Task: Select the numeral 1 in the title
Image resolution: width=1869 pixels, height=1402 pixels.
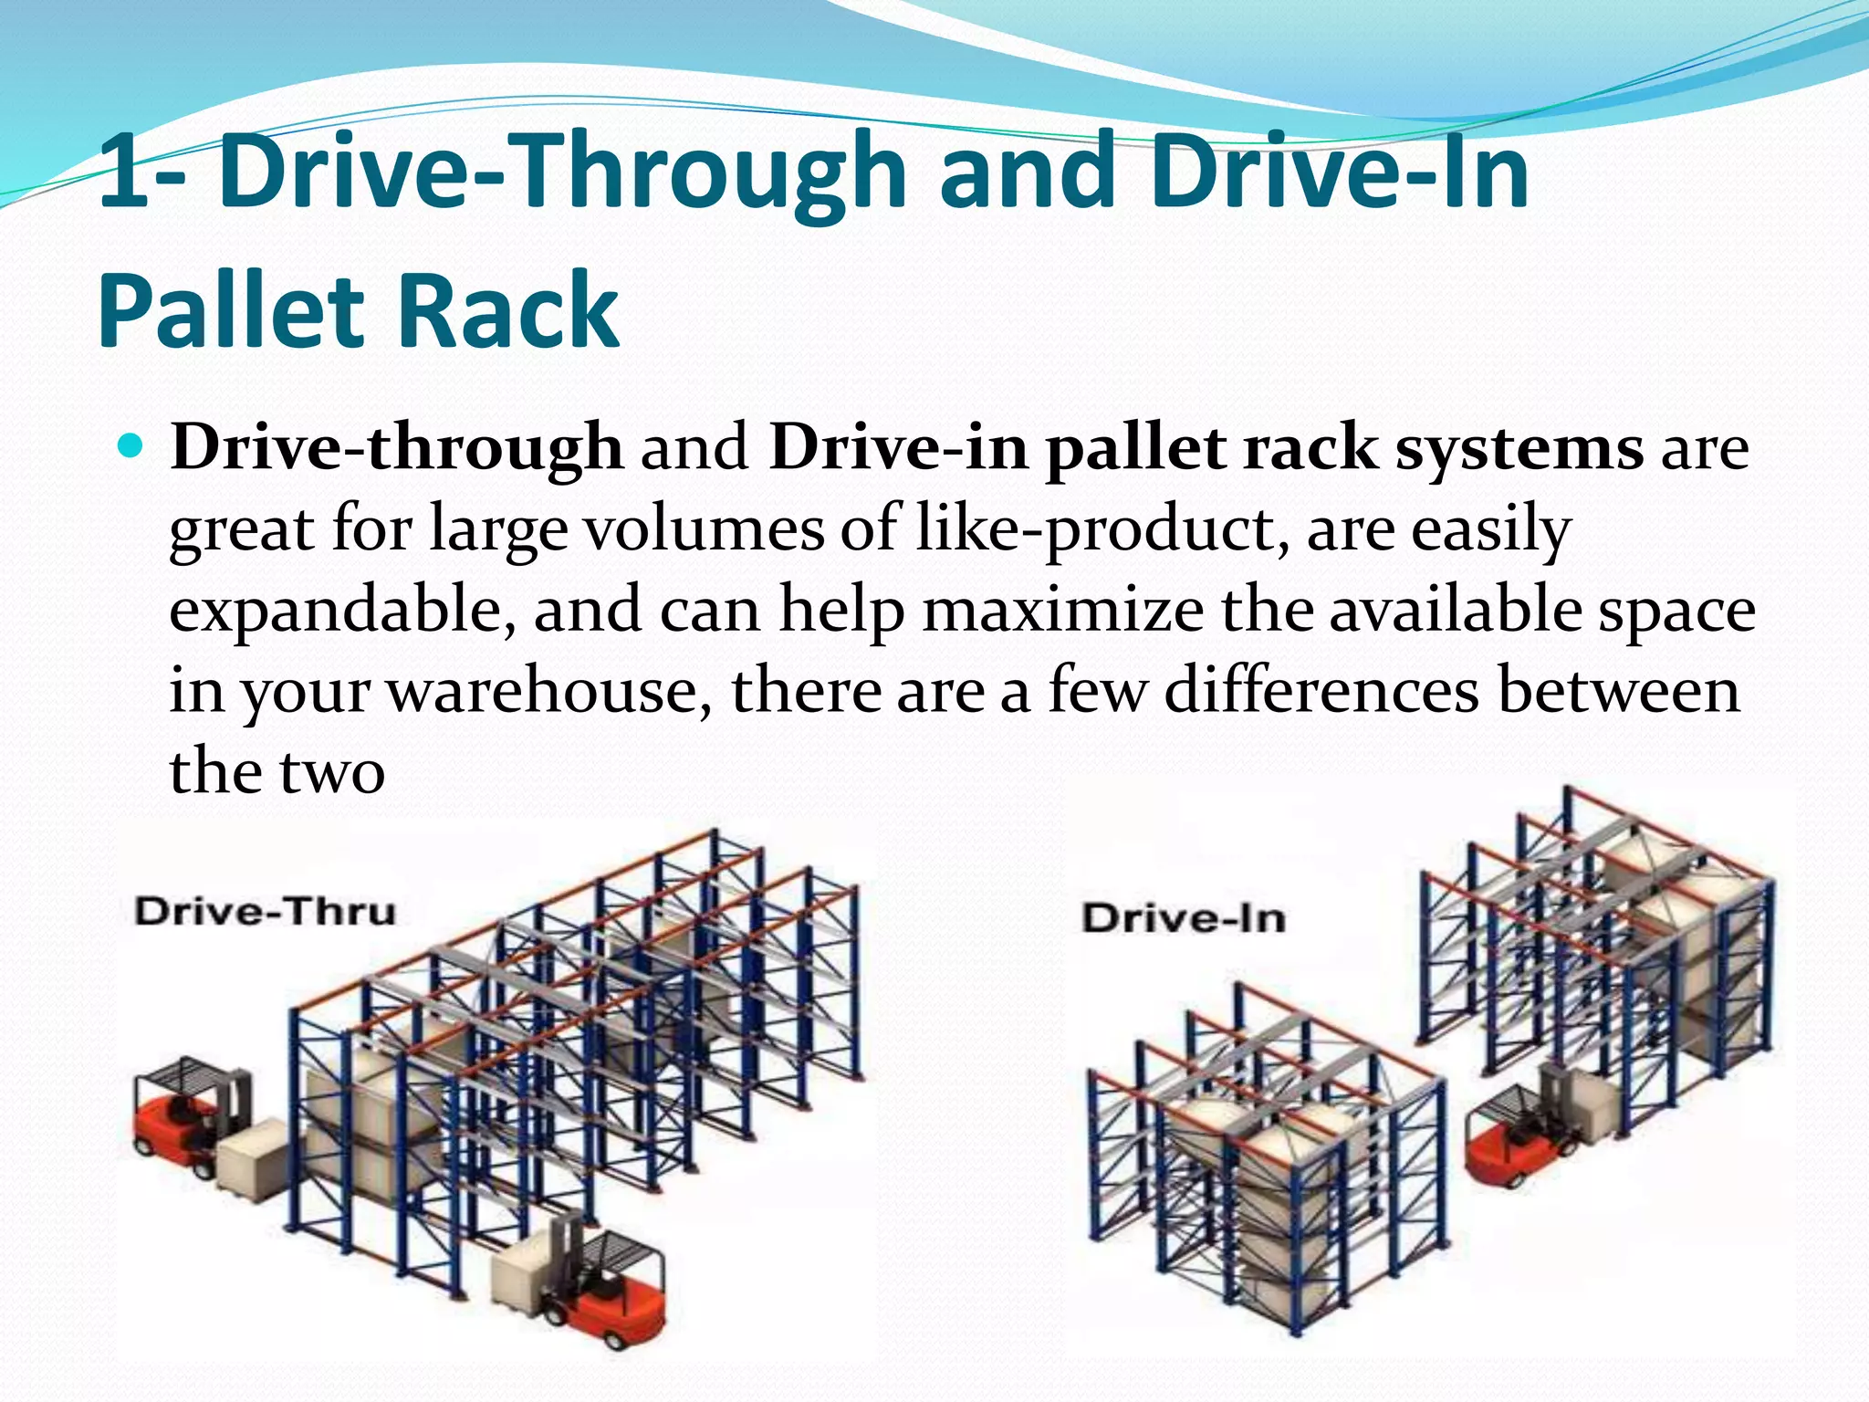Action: (x=123, y=173)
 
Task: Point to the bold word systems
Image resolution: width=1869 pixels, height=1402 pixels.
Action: (x=1519, y=449)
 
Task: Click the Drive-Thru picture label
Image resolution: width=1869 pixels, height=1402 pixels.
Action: (x=265, y=912)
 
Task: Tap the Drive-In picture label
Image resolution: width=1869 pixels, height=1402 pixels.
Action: (x=1184, y=918)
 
